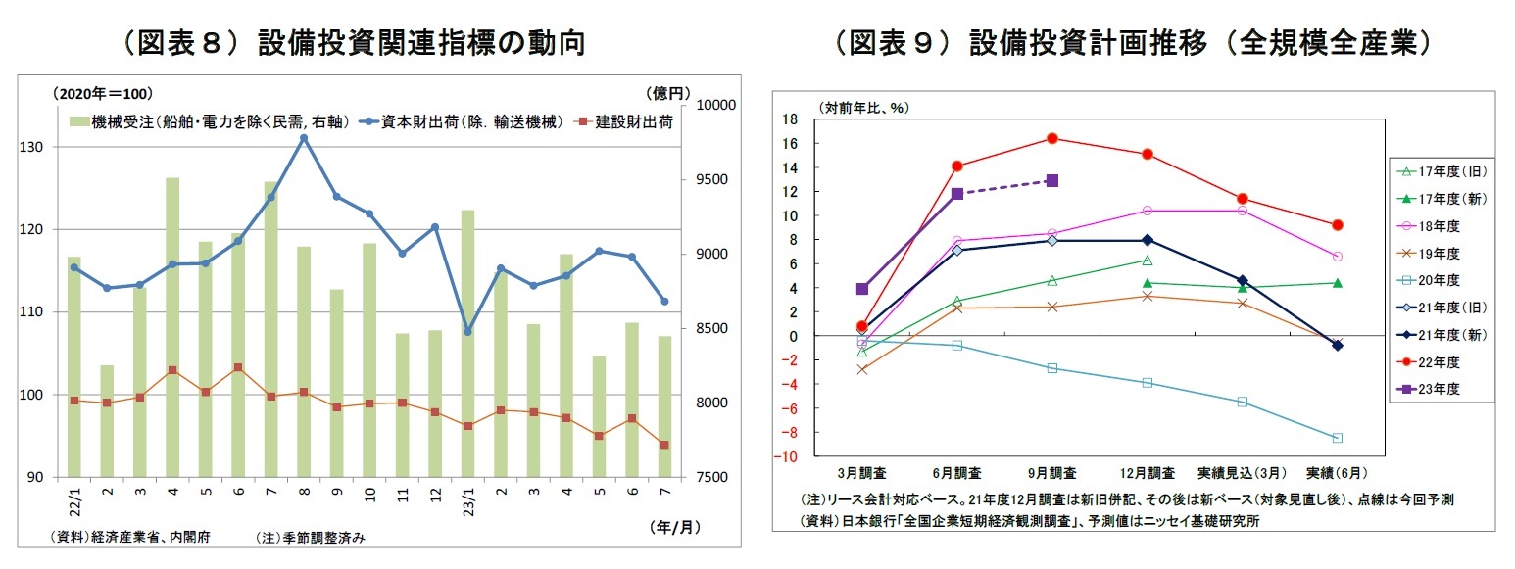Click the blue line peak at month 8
pyautogui.click(x=304, y=138)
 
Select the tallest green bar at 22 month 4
pyautogui.click(x=172, y=327)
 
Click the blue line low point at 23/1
pyautogui.click(x=467, y=332)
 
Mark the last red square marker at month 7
pyautogui.click(x=664, y=445)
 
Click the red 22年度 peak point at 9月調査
pyautogui.click(x=1051, y=138)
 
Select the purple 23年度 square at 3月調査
pyautogui.click(x=861, y=289)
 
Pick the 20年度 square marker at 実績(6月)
pyautogui.click(x=1337, y=438)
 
